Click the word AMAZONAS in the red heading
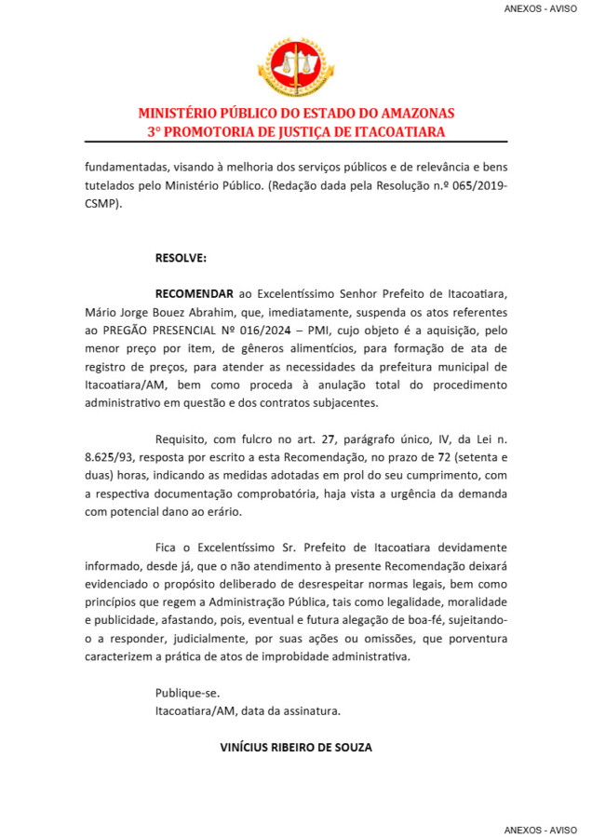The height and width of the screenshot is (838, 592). (x=410, y=114)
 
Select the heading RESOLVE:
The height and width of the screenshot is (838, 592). (x=181, y=256)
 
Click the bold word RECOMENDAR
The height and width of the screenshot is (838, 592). (x=194, y=292)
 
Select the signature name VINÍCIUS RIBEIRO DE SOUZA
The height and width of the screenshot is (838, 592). (x=297, y=747)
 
